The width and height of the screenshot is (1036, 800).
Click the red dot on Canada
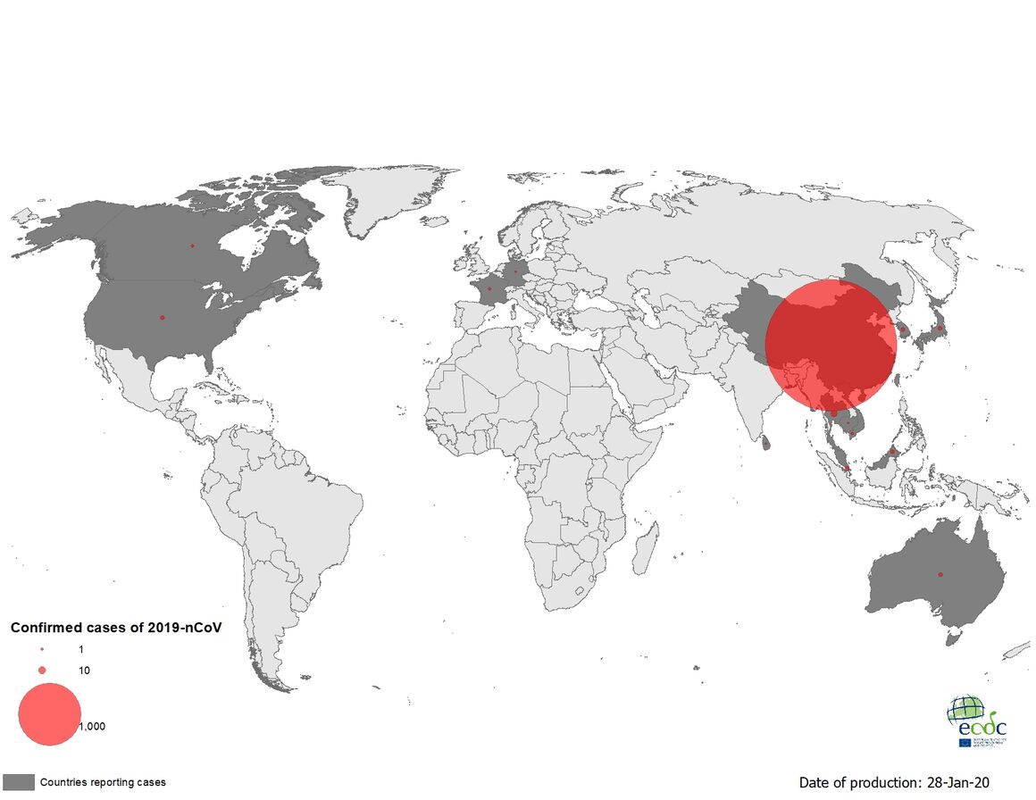point(192,246)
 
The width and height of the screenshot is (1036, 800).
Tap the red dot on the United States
point(163,317)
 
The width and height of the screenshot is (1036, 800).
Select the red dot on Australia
point(940,574)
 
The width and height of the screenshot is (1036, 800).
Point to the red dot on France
point(489,288)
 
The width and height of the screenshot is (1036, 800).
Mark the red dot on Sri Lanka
point(766,439)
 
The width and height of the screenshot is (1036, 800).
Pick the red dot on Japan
point(940,328)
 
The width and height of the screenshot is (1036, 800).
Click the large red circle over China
point(831,345)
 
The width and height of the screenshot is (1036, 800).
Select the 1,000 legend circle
point(49,714)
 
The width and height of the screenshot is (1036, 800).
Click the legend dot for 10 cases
point(42,671)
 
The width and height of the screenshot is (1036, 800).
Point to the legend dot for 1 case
point(42,649)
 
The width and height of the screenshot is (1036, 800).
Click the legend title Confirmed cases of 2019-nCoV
point(115,628)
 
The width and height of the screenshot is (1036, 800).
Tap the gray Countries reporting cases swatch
point(18,782)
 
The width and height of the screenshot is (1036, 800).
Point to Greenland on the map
point(393,196)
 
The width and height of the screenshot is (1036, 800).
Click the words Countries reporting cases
point(103,782)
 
